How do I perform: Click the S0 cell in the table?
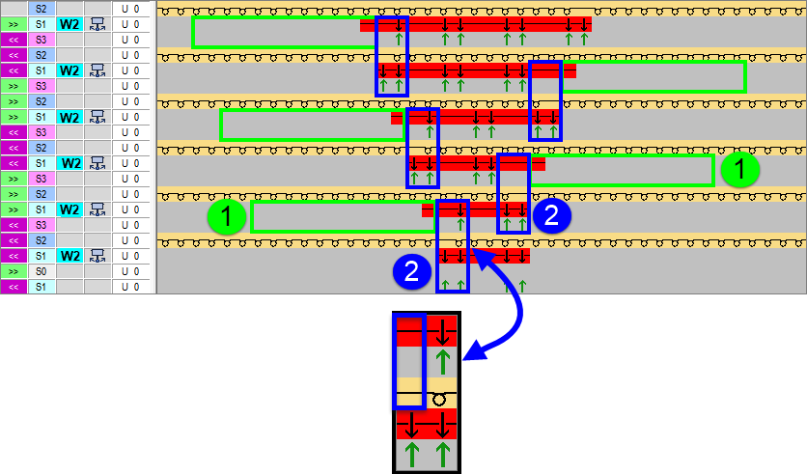[42, 271]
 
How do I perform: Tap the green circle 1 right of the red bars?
[740, 170]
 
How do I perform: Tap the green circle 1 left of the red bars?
[227, 217]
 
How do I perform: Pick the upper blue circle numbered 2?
[551, 216]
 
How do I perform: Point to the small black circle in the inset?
[439, 399]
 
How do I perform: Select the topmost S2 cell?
[42, 8]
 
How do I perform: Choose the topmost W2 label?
[70, 24]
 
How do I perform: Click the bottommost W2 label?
[70, 256]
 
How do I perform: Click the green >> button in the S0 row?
[14, 271]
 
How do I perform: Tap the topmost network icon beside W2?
[97, 24]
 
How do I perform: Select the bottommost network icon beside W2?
[97, 256]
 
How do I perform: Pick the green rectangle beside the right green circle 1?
[622, 170]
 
